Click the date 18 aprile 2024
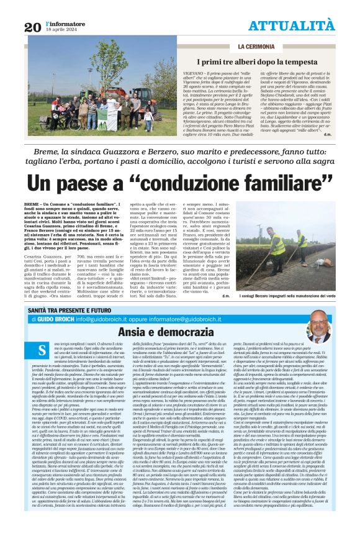(x=61, y=29)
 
